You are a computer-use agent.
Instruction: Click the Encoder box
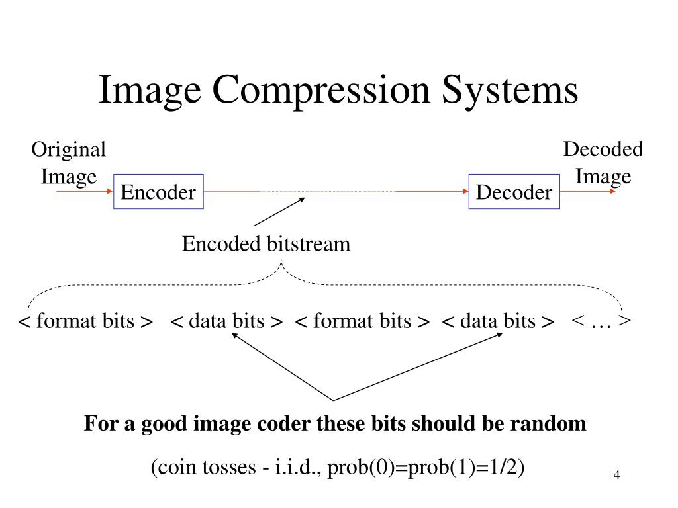(x=158, y=192)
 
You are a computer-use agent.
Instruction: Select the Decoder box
(x=514, y=192)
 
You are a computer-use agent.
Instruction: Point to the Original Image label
(x=69, y=163)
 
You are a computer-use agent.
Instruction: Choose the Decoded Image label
(x=603, y=163)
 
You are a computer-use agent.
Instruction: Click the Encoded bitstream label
(x=266, y=245)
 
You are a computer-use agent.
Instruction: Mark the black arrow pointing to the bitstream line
(x=278, y=212)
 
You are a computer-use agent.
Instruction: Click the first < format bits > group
(x=85, y=321)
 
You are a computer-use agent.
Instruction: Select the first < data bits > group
(x=227, y=321)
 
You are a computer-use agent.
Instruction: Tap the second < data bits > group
(x=498, y=321)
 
